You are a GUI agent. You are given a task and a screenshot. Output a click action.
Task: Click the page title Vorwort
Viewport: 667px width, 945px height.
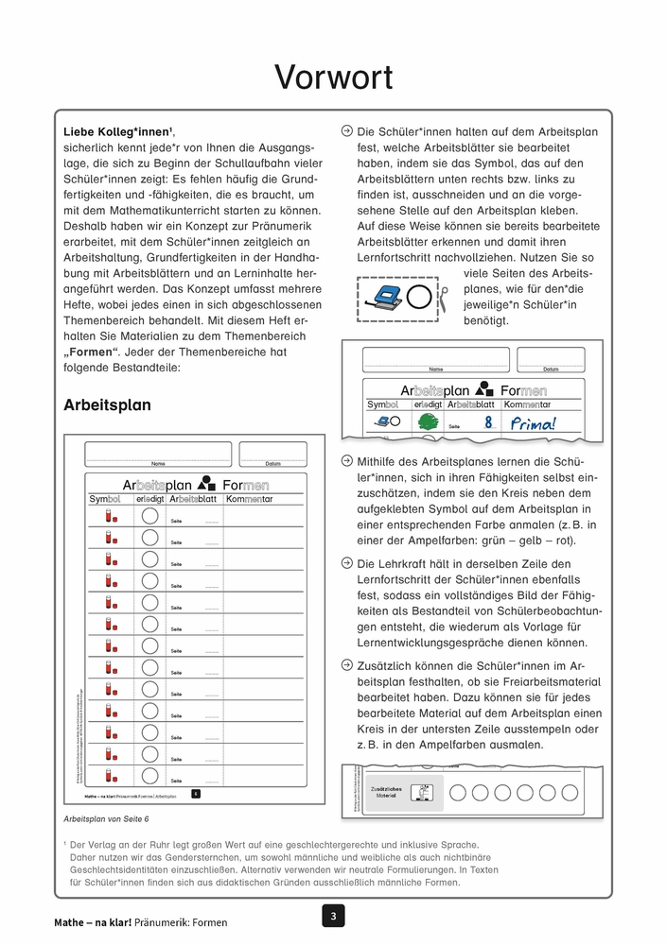click(x=333, y=76)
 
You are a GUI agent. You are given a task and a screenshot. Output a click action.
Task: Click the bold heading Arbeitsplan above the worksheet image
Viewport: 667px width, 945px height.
click(x=107, y=404)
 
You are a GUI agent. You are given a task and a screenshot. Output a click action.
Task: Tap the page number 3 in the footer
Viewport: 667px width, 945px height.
click(x=333, y=916)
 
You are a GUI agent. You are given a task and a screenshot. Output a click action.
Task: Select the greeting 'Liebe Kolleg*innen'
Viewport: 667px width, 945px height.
click(x=117, y=132)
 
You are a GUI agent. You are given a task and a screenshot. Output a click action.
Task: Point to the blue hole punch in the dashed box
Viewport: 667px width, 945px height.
click(x=384, y=296)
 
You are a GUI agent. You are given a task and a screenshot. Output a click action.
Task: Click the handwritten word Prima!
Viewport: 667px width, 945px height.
click(x=533, y=424)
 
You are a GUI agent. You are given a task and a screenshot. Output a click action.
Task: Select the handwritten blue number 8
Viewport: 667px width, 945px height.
click(x=489, y=423)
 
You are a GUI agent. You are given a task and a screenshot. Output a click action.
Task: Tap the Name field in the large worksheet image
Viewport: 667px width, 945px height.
click(x=158, y=455)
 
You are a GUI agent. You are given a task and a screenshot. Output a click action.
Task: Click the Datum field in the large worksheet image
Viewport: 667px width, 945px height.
click(x=272, y=455)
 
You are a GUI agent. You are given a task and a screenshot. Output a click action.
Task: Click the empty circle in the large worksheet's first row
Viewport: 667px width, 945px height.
click(x=149, y=516)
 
